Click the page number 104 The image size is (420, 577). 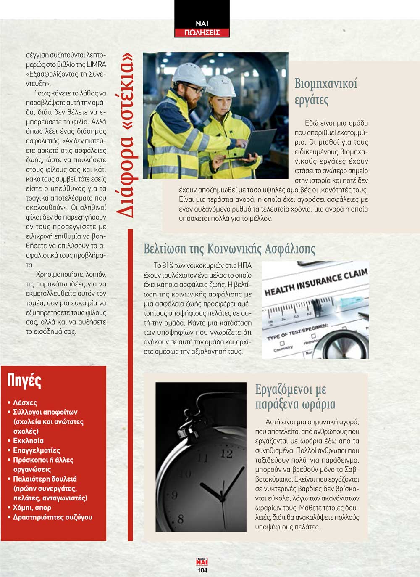tap(202, 570)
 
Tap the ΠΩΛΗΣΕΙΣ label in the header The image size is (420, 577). tap(202, 33)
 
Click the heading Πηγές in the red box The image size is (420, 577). tap(24, 380)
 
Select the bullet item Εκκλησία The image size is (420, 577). tap(28, 441)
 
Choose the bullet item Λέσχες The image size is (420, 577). tap(25, 402)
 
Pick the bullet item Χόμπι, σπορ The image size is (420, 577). tap(32, 508)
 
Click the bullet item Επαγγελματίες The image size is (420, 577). tap(37, 450)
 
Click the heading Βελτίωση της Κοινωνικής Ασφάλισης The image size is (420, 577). tap(229, 249)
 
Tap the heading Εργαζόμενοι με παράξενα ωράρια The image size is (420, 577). tap(295, 397)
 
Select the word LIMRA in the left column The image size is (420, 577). tap(97, 64)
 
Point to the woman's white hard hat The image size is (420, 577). tap(220, 85)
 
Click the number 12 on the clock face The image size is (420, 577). tap(226, 454)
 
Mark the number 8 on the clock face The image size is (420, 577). tap(181, 519)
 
